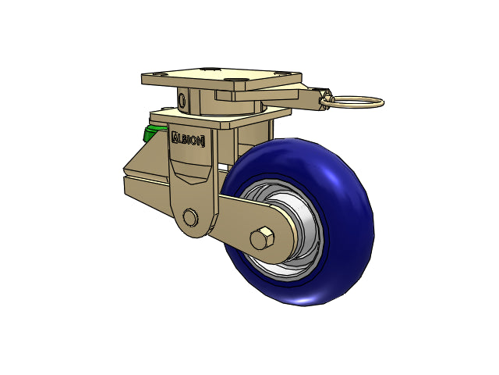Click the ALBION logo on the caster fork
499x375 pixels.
pyautogui.click(x=188, y=140)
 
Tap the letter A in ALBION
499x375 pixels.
pyautogui.click(x=175, y=137)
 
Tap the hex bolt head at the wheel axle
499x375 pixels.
pyautogui.click(x=262, y=238)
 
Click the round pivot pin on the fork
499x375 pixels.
pyautogui.click(x=190, y=218)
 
